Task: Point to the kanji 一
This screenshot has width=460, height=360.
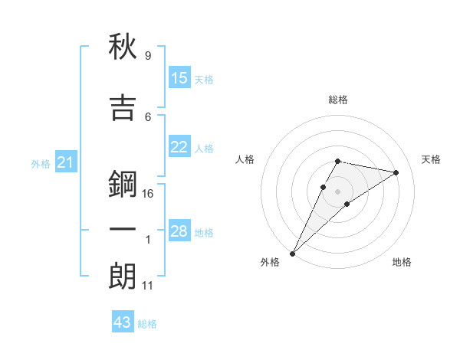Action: point(123,230)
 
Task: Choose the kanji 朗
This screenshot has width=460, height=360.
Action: point(123,276)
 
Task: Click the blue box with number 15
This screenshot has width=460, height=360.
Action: point(179,78)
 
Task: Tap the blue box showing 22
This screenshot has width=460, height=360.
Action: point(179,147)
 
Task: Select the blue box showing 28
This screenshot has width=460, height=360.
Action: point(179,231)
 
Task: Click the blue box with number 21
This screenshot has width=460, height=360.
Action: point(65,162)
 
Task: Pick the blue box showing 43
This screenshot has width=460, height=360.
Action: point(123,322)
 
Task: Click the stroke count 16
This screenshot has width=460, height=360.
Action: point(148,194)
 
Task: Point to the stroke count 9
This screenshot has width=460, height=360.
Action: point(147,56)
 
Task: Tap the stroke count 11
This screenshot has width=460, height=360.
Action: point(147,286)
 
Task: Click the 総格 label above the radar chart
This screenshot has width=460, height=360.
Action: point(337,100)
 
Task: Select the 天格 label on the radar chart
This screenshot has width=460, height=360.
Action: point(431,159)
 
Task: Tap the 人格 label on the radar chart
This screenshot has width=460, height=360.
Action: point(245,159)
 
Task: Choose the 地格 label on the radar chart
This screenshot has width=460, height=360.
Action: point(402,262)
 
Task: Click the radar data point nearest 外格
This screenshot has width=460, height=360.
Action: point(292,253)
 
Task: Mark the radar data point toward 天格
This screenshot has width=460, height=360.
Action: point(396,172)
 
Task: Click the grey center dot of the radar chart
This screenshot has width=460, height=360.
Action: point(337,191)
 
